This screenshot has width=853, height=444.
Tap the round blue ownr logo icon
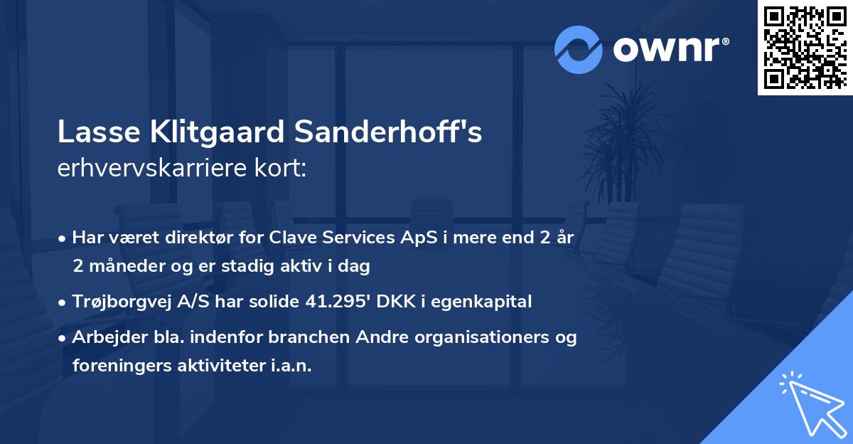pyautogui.click(x=579, y=49)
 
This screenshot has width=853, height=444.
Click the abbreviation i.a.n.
pyautogui.click(x=290, y=366)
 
